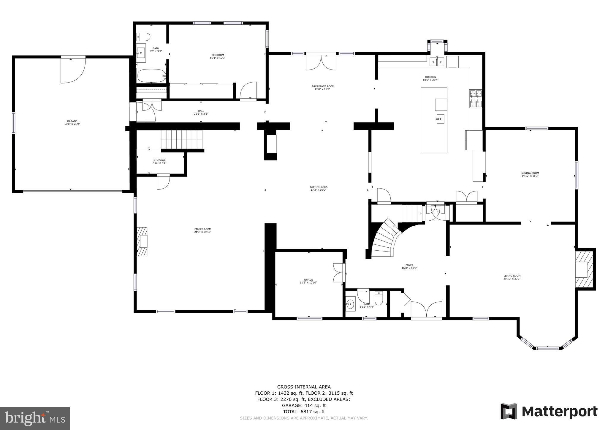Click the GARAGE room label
(72, 121)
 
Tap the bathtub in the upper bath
(151, 76)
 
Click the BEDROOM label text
(218, 55)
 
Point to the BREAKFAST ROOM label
(323, 86)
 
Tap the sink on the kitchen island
(440, 120)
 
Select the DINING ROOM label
(530, 173)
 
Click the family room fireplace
(142, 241)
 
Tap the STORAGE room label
(159, 160)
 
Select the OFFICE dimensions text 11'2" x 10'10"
(308, 283)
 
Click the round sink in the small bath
(351, 304)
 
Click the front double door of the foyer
(426, 311)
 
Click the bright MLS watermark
(35, 418)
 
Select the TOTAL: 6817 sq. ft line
(304, 412)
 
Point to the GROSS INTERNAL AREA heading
(304, 387)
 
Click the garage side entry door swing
(73, 71)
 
